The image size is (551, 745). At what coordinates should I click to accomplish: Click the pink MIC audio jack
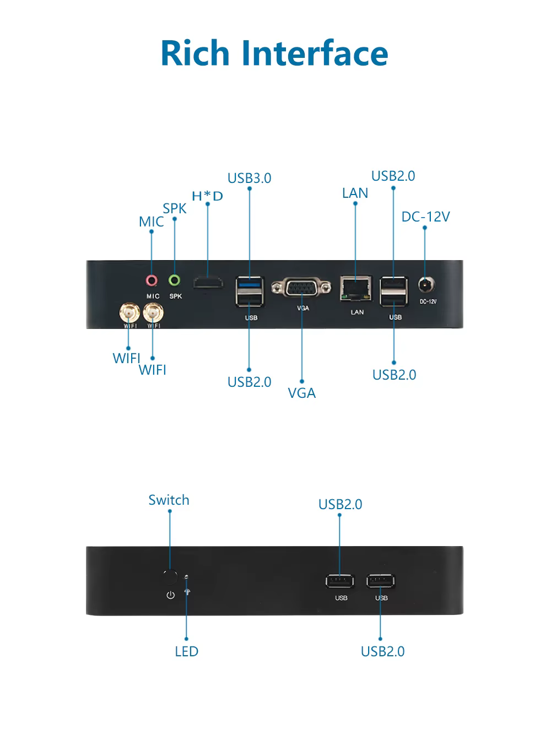152,280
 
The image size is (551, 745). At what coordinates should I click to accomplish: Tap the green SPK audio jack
174,280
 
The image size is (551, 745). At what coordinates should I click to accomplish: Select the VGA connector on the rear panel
301,287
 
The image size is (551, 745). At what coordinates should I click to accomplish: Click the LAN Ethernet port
355,288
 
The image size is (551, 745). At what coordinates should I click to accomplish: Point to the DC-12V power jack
426,285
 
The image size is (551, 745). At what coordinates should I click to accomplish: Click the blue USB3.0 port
249,284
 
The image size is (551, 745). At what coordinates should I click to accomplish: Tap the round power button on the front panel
170,577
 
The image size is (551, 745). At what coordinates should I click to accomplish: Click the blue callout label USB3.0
249,178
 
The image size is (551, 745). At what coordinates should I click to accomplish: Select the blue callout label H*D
207,196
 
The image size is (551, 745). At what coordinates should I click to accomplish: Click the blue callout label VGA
302,393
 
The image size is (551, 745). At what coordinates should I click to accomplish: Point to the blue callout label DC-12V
425,217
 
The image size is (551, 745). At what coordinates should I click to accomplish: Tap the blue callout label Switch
169,500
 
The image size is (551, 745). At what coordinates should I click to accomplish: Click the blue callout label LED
186,651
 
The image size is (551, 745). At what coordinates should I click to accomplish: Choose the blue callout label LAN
355,193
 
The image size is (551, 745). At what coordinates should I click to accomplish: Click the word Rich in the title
195,52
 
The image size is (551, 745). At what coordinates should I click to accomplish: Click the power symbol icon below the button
171,595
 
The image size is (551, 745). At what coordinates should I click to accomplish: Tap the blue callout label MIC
151,222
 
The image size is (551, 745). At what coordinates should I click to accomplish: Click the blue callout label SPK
174,209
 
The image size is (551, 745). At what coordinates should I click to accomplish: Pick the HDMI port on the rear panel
208,283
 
